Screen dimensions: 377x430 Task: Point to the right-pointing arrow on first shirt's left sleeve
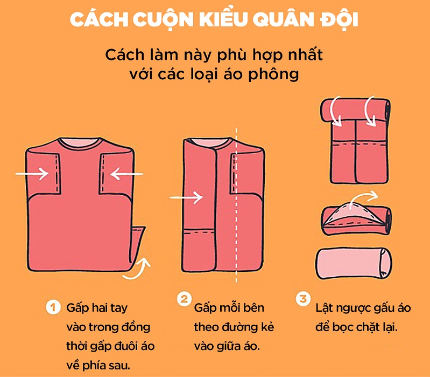point(31,174)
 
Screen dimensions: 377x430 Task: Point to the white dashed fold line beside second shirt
point(236,205)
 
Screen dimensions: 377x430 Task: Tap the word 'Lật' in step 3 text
point(325,308)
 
